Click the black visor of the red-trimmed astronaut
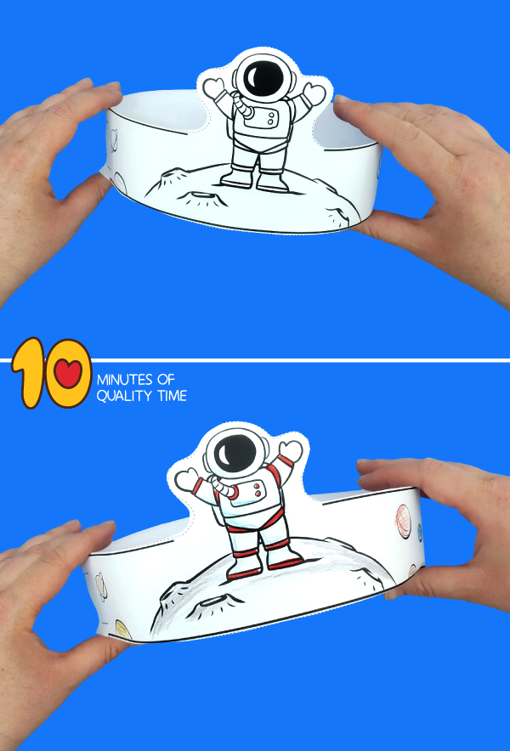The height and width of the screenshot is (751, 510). pyautogui.click(x=235, y=453)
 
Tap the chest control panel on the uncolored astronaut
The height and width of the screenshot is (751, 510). pyautogui.click(x=261, y=118)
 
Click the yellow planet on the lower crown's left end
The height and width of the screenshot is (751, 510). pyautogui.click(x=122, y=630)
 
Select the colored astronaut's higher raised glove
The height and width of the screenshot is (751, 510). pyautogui.click(x=292, y=451)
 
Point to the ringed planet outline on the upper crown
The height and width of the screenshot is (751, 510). pyautogui.click(x=114, y=138)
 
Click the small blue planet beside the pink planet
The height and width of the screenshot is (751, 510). pyautogui.click(x=419, y=533)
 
